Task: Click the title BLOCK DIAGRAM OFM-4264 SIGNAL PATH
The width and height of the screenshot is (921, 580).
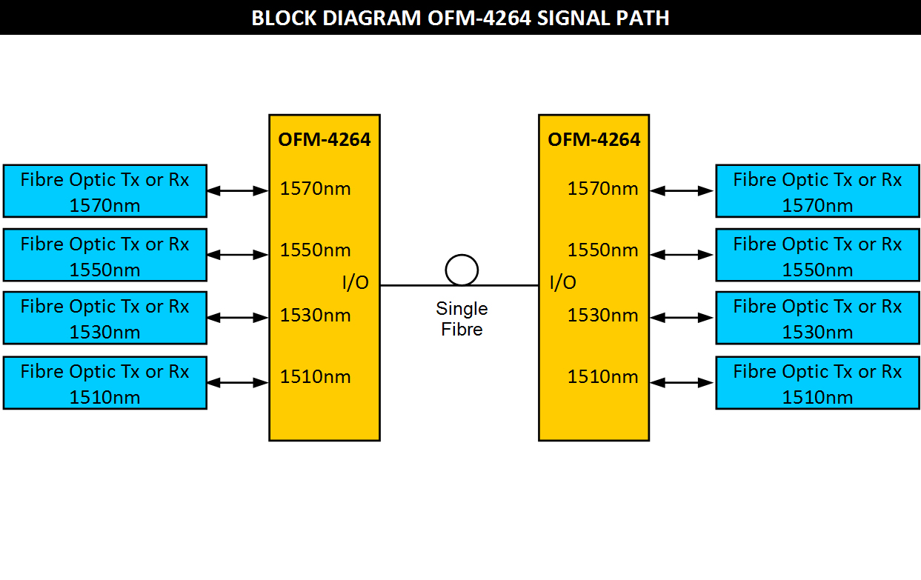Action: click(x=460, y=18)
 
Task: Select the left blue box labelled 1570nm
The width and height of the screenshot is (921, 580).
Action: click(x=104, y=191)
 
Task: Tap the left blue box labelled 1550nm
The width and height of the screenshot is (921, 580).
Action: click(x=104, y=256)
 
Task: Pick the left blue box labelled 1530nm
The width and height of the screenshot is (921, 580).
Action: click(x=104, y=319)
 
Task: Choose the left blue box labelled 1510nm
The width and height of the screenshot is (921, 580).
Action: click(x=104, y=383)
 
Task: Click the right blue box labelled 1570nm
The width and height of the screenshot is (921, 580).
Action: click(x=817, y=191)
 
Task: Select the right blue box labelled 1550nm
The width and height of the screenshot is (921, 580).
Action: click(x=817, y=256)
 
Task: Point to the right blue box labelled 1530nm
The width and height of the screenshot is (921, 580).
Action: click(x=817, y=319)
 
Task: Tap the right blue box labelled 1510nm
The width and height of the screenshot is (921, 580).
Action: click(x=817, y=383)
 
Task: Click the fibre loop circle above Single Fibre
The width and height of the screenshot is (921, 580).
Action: click(x=462, y=270)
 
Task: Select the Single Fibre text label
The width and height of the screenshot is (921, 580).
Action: click(x=462, y=319)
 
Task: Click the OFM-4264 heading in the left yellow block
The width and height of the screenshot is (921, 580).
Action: click(x=325, y=139)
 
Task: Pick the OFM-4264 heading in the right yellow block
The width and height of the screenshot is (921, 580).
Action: click(x=594, y=139)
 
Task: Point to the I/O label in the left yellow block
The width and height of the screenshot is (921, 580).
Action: click(x=356, y=282)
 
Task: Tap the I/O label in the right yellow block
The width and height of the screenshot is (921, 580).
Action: click(x=562, y=282)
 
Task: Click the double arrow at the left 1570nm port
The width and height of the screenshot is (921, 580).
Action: click(x=237, y=190)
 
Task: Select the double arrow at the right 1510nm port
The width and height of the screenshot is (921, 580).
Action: click(x=682, y=383)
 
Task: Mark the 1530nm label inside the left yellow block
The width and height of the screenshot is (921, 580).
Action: click(x=315, y=316)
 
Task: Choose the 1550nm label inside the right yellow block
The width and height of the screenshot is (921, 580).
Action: click(x=602, y=250)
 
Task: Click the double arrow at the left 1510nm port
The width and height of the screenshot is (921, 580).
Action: click(x=237, y=383)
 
